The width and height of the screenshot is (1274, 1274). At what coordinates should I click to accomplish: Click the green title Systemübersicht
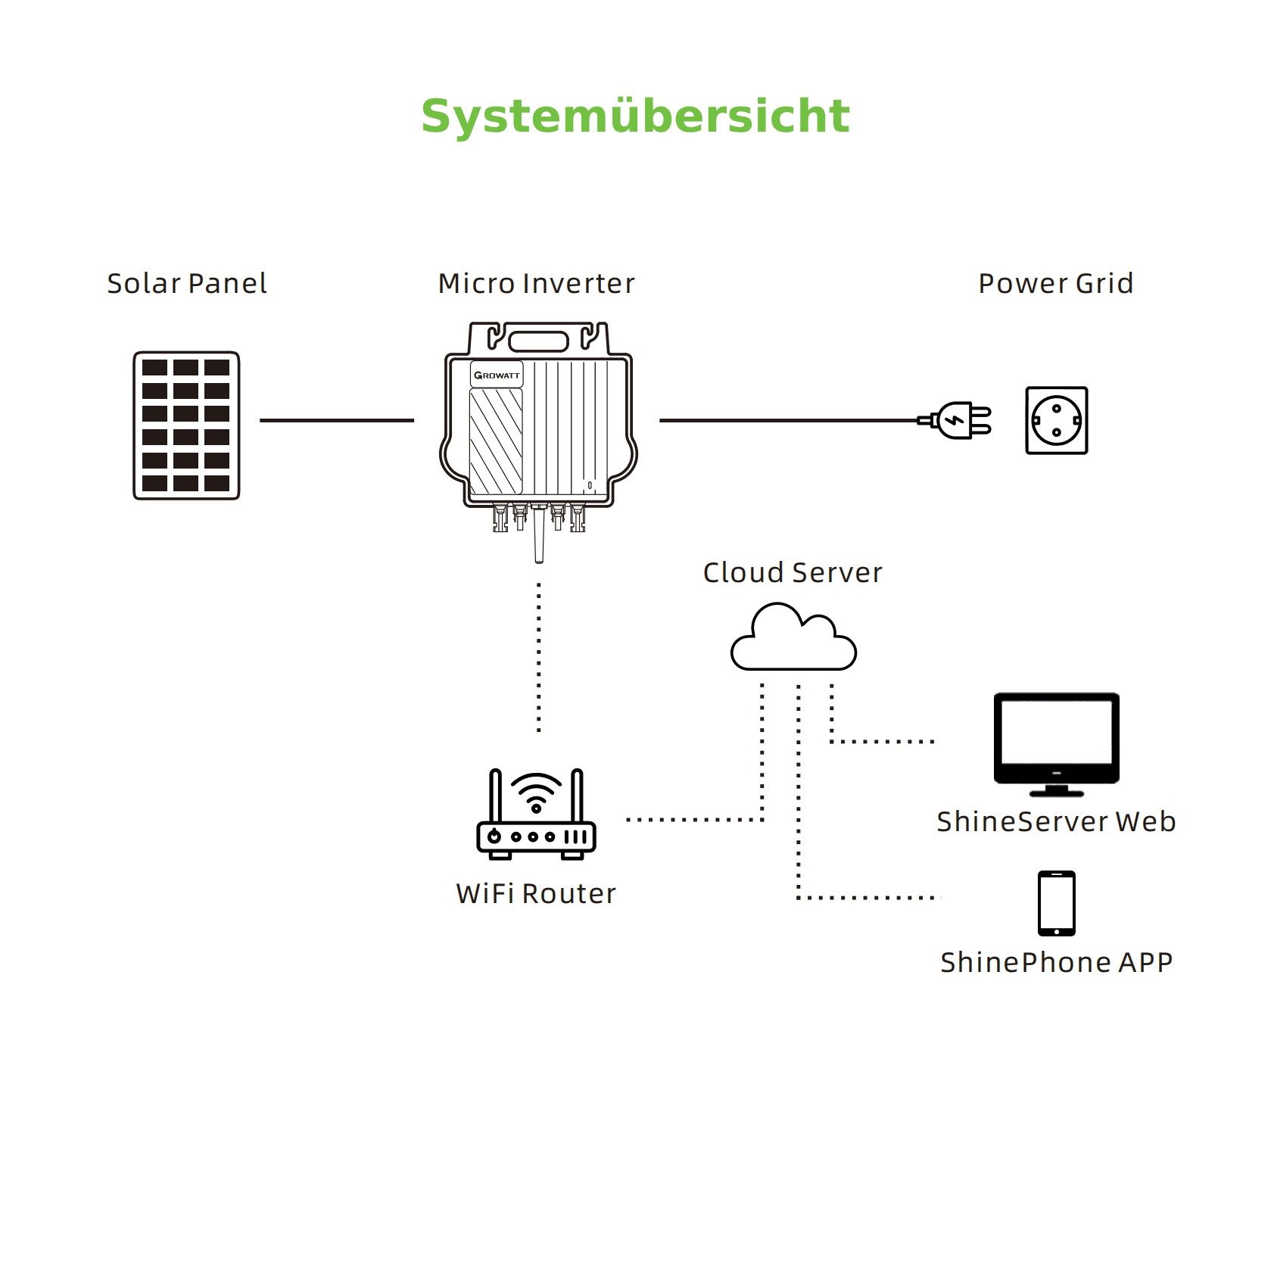click(635, 117)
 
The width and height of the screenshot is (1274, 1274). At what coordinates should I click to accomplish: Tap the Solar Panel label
click(186, 284)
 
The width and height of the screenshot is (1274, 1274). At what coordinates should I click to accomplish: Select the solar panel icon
click(186, 425)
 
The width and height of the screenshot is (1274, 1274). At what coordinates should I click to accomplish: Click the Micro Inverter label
click(536, 284)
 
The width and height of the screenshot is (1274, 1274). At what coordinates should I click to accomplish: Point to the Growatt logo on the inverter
click(497, 375)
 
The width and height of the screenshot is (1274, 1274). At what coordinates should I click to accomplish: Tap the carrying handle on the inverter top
click(538, 339)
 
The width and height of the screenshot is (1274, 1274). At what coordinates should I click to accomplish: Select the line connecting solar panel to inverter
click(337, 420)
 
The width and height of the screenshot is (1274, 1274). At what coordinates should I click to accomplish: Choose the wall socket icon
click(1056, 421)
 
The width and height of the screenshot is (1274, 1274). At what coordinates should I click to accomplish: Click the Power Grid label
click(1055, 284)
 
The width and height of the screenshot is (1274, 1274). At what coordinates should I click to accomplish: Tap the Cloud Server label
click(792, 573)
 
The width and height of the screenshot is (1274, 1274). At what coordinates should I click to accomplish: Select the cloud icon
click(793, 640)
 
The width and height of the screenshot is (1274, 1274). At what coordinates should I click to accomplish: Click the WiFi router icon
click(536, 816)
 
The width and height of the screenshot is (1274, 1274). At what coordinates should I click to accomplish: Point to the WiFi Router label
click(536, 894)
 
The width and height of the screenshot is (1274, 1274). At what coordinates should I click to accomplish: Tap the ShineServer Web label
click(1055, 822)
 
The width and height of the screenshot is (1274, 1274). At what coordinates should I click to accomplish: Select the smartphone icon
click(1056, 903)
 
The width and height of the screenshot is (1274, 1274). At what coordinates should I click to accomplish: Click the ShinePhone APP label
click(1056, 963)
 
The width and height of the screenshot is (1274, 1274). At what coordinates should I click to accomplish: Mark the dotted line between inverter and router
click(539, 657)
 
